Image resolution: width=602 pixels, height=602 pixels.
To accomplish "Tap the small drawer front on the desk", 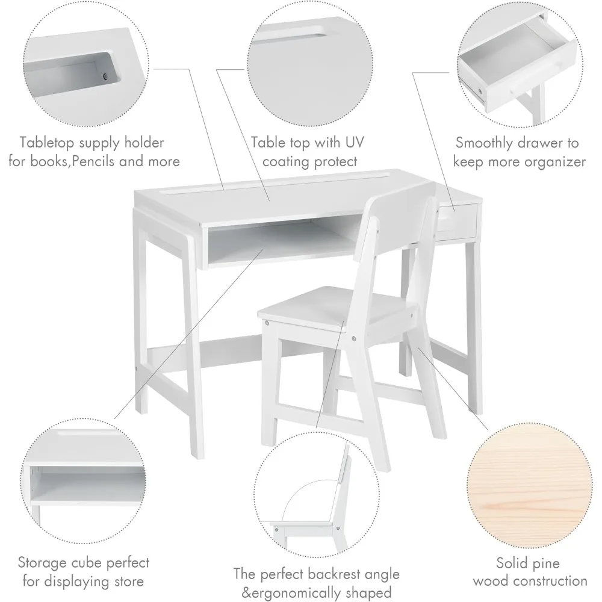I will click(456, 220).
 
